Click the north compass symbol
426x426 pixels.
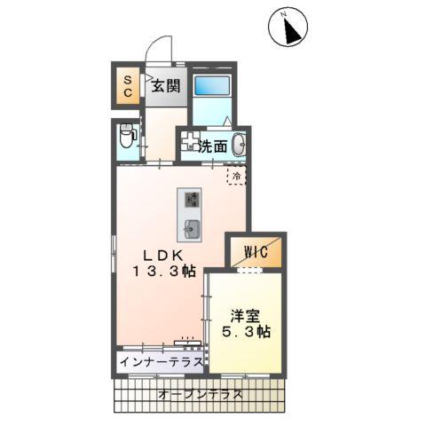point(288,30)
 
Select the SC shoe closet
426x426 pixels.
point(127,87)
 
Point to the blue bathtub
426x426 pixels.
point(210,86)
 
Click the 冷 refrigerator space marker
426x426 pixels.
point(236,177)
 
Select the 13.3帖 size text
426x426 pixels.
point(164,272)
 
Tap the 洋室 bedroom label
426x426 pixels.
point(245,315)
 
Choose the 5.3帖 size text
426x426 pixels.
point(246,332)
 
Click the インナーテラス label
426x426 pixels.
point(161,363)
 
